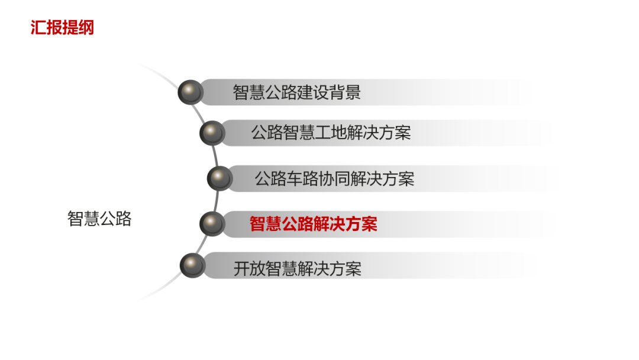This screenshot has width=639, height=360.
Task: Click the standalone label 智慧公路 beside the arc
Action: (x=99, y=219)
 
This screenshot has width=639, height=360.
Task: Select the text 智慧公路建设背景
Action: (x=296, y=93)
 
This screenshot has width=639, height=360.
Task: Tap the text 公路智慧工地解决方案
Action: (x=330, y=133)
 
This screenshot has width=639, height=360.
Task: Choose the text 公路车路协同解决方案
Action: (x=334, y=179)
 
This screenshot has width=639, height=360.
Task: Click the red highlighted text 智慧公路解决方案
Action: (x=313, y=224)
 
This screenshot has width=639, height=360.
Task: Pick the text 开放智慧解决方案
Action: (x=297, y=269)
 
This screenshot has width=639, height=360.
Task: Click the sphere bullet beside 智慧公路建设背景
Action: (x=191, y=92)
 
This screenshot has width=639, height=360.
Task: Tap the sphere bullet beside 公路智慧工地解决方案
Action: (x=212, y=133)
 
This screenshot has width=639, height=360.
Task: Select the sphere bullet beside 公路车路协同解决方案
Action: (x=220, y=178)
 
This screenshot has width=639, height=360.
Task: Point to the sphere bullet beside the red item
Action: (x=212, y=224)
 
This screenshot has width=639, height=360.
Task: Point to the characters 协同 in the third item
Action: (x=334, y=179)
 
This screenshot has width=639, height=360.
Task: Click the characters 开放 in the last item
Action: (x=249, y=269)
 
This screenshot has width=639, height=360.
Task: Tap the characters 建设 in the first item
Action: (x=312, y=93)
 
